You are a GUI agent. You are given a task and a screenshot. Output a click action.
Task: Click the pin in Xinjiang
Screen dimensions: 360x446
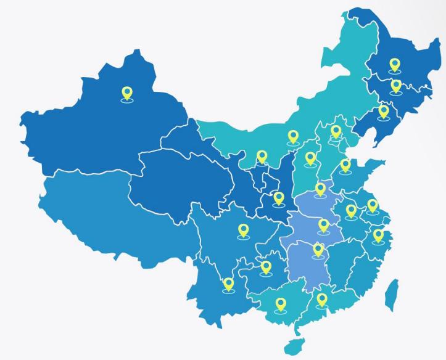tap(127, 93)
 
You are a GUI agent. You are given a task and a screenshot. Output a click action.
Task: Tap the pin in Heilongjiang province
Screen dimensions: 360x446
tap(395, 64)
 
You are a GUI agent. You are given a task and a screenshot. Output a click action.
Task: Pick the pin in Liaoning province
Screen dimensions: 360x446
tap(384, 111)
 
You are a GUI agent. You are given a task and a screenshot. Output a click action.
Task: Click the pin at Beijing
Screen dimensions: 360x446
tap(336, 131)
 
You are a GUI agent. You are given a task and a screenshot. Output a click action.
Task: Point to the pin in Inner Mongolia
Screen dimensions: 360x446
tap(293, 136)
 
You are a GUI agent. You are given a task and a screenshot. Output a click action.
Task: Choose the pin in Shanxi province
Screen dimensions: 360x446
tap(310, 158)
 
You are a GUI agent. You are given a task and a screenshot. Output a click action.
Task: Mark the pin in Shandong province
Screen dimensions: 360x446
tap(345, 165)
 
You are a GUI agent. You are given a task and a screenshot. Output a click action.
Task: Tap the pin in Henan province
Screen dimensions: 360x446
tap(320, 189)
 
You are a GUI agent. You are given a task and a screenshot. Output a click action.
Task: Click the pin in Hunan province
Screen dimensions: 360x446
tap(318, 250)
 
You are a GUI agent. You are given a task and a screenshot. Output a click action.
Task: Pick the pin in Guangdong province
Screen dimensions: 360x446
tap(321, 300)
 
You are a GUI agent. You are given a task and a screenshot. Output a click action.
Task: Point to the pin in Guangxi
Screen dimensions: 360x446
tap(281, 305)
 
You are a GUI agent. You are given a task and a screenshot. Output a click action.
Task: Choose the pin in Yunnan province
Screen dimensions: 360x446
tap(229, 284)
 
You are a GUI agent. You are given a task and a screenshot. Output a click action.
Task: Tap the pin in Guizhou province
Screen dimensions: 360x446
tap(266, 267)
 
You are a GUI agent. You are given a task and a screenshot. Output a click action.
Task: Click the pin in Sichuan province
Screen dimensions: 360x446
tap(244, 231)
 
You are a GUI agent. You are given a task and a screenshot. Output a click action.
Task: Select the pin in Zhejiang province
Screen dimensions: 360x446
tap(378, 235)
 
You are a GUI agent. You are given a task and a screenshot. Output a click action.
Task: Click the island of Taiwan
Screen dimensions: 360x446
tap(391, 295)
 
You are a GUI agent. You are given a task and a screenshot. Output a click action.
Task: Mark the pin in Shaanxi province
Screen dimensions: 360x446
tap(279, 198)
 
